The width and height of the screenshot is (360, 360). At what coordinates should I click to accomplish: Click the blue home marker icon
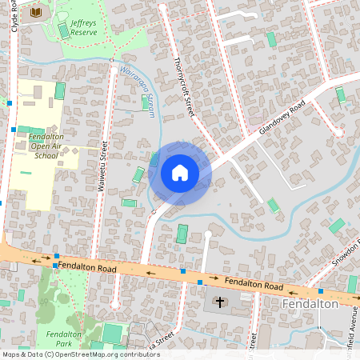click(180, 172)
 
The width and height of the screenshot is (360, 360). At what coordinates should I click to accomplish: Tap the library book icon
click(36, 12)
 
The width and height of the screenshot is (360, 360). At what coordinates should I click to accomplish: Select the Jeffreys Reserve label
click(83, 28)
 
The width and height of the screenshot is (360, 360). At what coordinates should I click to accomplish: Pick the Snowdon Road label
click(349, 254)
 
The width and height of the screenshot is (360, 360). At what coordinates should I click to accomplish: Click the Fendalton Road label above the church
click(254, 284)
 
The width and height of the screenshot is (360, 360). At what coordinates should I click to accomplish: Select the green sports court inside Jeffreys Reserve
click(63, 30)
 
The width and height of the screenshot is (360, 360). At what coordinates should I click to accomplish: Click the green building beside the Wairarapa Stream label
click(147, 103)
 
